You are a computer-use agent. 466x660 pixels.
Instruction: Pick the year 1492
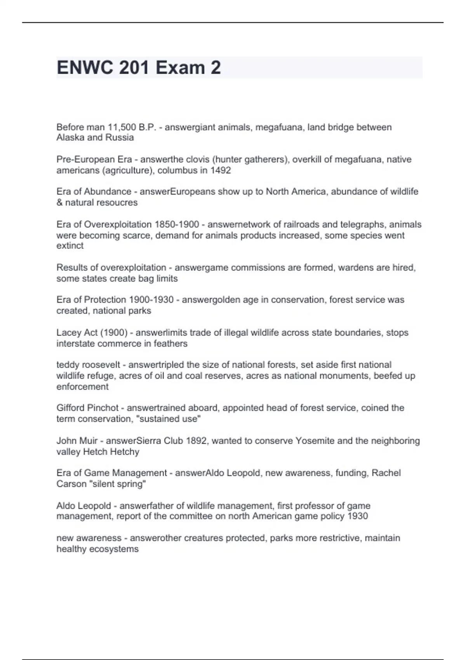(221, 170)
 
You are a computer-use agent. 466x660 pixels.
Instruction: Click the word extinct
(70, 246)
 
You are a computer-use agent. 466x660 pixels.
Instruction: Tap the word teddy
(68, 365)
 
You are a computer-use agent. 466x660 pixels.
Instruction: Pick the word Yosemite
(315, 441)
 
